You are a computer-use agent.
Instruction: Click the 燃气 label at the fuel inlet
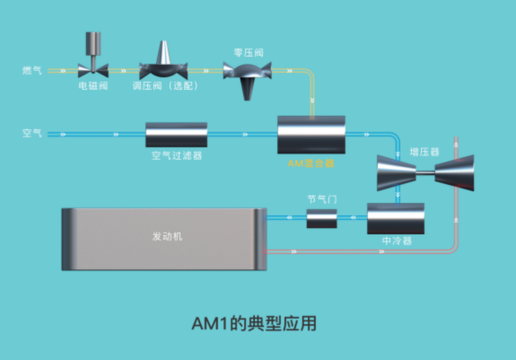coord(32,70)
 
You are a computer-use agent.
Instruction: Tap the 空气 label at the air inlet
coord(32,133)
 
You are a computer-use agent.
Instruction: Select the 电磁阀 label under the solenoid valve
coord(93,86)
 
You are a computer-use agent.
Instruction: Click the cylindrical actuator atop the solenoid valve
coord(93,43)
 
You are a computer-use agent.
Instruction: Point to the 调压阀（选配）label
coord(165,86)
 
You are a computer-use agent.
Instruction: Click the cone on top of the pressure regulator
coord(163,52)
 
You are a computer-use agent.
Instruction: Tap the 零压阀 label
coord(249,53)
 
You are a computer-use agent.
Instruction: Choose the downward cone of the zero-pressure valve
coord(248,89)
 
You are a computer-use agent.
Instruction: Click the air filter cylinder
coord(177,135)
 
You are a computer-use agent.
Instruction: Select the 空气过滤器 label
coord(177,155)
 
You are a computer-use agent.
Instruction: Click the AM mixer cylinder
coord(311,135)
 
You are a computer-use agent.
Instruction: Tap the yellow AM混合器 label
coord(310,163)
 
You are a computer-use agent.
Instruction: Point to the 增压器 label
coord(424,152)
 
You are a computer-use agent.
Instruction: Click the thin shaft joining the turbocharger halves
coord(425,172)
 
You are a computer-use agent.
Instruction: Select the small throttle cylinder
coord(322,218)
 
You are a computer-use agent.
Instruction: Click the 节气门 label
coord(322,199)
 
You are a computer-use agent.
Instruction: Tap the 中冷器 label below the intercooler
coord(397,241)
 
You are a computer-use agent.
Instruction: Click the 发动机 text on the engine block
coord(167,236)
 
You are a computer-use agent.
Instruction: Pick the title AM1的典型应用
coord(254,323)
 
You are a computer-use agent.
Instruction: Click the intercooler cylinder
coord(396,218)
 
